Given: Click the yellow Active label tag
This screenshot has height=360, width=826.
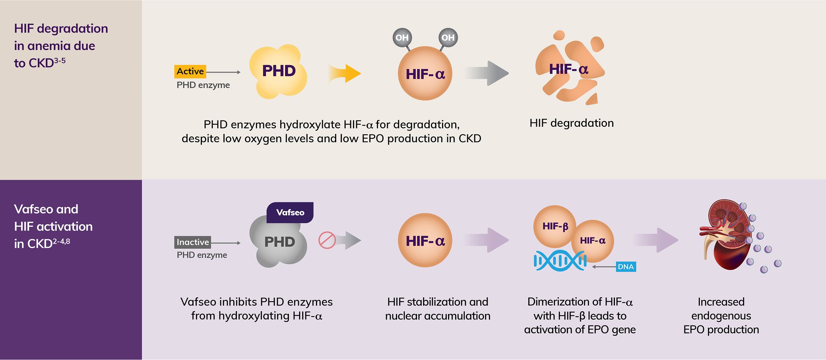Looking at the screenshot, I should point(190,72).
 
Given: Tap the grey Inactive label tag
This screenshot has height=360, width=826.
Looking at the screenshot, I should point(192,242).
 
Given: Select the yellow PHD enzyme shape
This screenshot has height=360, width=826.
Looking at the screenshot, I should point(278,72).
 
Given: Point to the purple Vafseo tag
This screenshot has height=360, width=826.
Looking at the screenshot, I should point(290,213).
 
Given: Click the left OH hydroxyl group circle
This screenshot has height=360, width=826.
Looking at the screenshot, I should point(402,38).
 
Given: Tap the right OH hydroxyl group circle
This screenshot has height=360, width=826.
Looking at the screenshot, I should point(448,38).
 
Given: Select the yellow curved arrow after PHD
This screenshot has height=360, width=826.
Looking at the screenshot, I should point(345,74).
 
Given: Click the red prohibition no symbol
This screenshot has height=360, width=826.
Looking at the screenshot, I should point(327,240).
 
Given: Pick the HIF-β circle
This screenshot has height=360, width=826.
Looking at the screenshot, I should point(554,226).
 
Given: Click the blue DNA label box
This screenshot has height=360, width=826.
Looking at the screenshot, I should point(626,267).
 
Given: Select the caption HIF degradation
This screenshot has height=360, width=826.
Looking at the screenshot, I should point(571,123).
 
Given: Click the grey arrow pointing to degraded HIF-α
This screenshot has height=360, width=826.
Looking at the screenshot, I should point(487,73).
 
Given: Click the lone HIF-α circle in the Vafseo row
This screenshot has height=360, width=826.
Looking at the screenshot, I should point(425,240).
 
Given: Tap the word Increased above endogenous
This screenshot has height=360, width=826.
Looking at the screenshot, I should point(721,302).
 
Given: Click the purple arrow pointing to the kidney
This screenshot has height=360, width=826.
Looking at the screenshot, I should point(656,240).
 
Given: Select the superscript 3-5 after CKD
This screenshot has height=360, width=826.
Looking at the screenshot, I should point(60,61).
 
